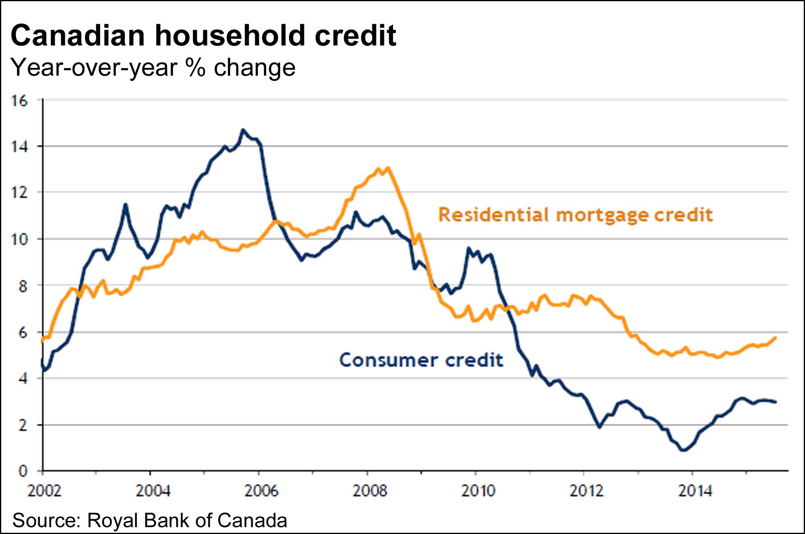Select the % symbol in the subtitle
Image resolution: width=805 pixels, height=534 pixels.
195,68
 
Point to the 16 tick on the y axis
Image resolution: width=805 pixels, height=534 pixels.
19,101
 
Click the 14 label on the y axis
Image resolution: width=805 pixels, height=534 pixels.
19,147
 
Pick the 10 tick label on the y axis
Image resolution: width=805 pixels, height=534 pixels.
19,239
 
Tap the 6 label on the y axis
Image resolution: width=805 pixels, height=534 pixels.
23,332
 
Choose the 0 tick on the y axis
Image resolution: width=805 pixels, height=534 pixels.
23,471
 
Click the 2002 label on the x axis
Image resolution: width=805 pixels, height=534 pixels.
44,491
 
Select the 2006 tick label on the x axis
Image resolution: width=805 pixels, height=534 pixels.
261,491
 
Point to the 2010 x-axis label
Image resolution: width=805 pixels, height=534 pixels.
478,491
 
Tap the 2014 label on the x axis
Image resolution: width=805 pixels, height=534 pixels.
695,491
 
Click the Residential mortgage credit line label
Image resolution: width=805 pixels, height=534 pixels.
575,215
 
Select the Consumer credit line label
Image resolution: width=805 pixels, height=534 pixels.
421,360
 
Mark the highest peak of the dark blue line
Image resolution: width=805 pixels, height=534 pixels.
242,130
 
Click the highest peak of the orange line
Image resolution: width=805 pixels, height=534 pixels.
388,168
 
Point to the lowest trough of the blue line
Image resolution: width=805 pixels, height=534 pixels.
683,450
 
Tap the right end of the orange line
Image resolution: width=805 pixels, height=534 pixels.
775,338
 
